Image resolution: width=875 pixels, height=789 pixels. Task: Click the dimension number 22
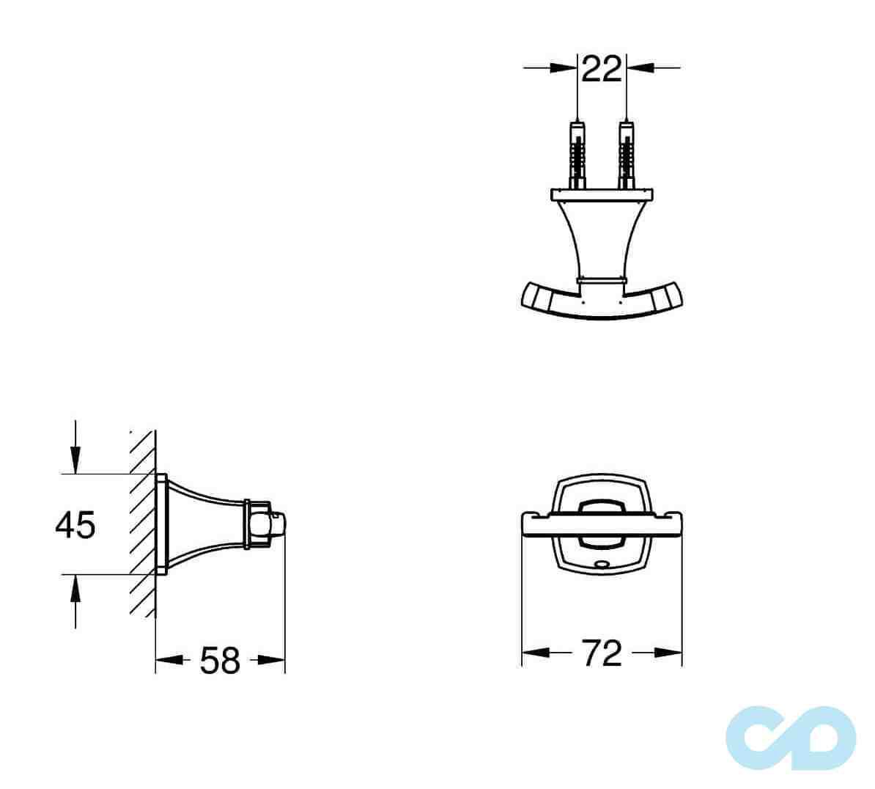coord(602,69)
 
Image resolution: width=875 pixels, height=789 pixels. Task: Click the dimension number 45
coord(75,525)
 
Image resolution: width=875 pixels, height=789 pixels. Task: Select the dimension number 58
coord(220,661)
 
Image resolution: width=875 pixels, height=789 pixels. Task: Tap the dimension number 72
coord(601,653)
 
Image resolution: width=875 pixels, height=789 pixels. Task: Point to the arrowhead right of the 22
coord(638,67)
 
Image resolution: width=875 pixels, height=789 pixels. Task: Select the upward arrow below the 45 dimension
coord(75,587)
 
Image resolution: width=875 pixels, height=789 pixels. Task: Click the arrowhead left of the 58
coord(168,660)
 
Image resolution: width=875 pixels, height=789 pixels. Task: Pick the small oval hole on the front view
coord(602,565)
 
